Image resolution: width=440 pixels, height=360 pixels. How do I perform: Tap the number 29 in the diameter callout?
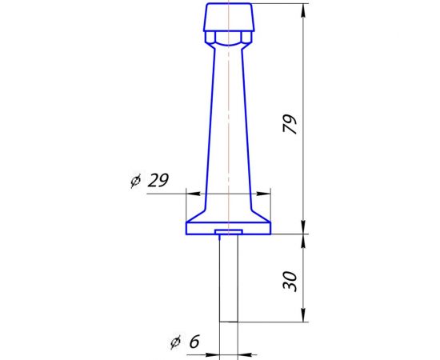pos(158,181)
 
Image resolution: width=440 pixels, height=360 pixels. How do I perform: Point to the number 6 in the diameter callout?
pos(194,342)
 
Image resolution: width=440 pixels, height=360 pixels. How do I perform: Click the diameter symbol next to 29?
pos(134,182)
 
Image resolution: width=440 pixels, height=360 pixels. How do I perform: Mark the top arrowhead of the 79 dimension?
pos(303,10)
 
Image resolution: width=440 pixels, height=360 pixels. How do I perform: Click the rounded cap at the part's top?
pos(229,16)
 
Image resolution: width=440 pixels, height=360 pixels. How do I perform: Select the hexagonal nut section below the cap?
pos(229,38)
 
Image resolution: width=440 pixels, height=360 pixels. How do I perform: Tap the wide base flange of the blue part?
pos(200,228)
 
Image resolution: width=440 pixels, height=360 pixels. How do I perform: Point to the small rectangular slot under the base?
pos(229,233)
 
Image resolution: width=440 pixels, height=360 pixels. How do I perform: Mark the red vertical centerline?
pos(229,120)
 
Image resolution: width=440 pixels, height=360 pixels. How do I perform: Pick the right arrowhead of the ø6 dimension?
pos(244,353)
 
